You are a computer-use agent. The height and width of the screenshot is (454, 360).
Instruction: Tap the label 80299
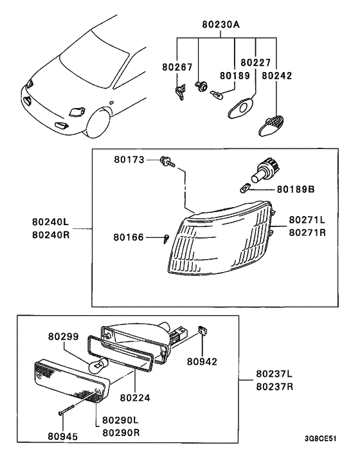64,336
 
